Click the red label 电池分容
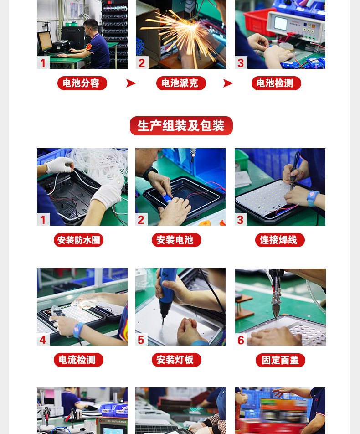coord(82,83)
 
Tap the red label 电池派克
coord(181,83)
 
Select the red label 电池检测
coord(276,83)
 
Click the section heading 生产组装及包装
coord(181,126)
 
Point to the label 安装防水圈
coord(78,240)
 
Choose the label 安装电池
coord(176,240)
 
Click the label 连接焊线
coord(279,240)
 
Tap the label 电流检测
coord(78,360)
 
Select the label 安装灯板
coord(176,360)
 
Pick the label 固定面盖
coord(280,360)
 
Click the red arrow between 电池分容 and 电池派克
coord(131,83)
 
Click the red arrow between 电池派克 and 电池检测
coord(228,83)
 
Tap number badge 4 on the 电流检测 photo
coord(43,340)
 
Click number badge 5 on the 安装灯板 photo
coord(141,340)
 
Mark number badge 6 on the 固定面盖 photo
coord(241,340)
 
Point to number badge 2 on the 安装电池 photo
coord(141,220)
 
